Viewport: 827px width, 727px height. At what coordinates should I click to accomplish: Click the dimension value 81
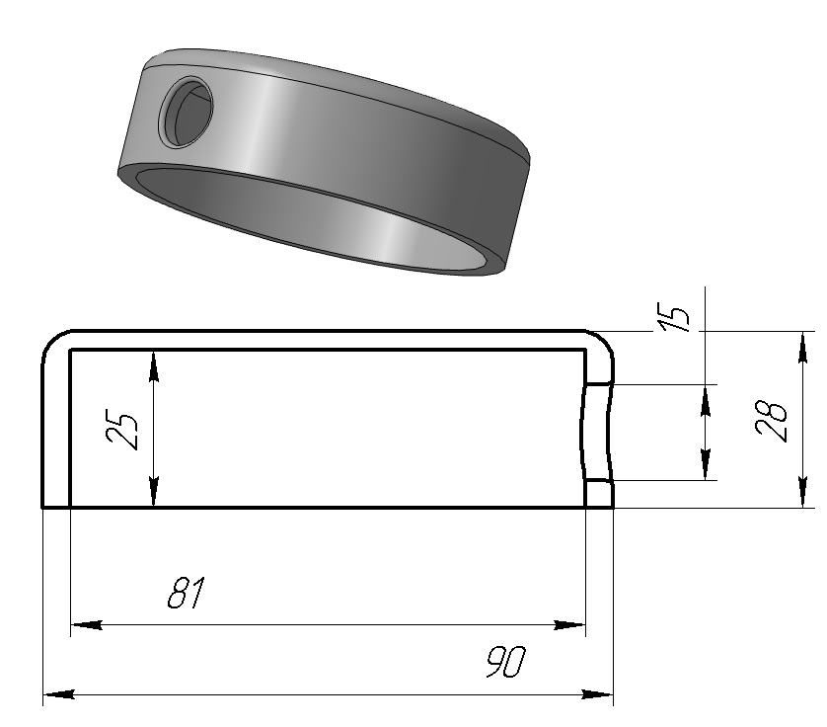pos(186,593)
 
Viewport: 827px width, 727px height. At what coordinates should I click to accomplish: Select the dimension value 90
pos(506,662)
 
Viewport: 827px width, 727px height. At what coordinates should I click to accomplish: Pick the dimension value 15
pos(674,317)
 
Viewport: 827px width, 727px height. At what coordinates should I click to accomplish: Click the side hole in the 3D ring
pos(187,112)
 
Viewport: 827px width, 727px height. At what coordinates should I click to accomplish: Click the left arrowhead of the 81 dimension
pos(87,625)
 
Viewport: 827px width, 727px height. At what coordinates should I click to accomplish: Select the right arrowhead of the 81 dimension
pos(569,625)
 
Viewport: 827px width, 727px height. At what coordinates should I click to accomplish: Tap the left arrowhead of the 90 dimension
pos(58,694)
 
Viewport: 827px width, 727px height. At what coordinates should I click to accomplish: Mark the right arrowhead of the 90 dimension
pos(597,694)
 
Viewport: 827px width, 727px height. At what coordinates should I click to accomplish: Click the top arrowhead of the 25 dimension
pos(154,365)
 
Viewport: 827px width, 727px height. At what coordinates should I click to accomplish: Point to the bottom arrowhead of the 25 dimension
pos(154,492)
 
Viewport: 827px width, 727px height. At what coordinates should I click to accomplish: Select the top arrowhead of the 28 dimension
pos(802,348)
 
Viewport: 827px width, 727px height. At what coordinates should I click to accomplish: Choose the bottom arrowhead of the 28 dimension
pos(802,492)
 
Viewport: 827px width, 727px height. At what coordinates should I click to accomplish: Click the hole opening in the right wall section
pos(598,433)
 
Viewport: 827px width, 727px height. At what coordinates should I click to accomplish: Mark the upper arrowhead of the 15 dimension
pos(706,401)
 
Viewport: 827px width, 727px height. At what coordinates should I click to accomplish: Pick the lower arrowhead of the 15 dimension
pos(706,464)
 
